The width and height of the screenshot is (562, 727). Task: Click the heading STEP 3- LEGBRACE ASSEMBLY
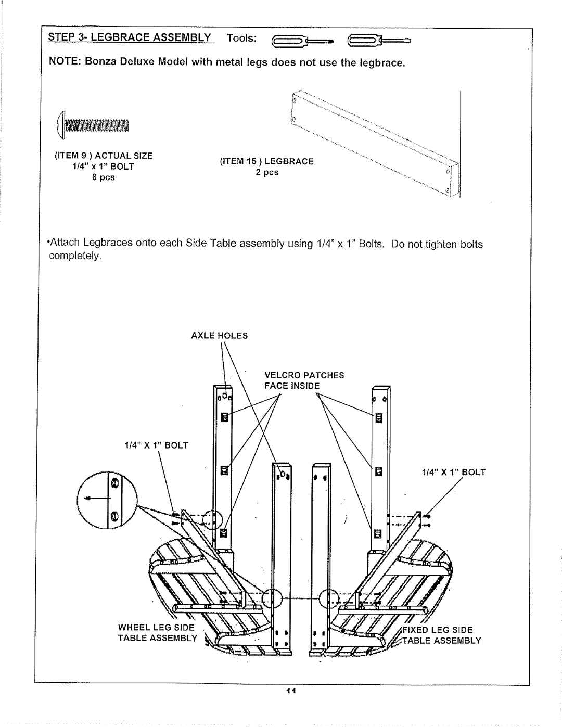[130, 37]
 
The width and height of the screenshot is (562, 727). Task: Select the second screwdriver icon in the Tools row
[379, 41]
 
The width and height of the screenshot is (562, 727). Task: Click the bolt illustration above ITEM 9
[93, 125]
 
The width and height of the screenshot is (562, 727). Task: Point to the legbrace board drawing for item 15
[375, 143]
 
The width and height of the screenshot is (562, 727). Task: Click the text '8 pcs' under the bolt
[104, 177]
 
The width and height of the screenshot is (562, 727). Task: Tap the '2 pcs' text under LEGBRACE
[267, 172]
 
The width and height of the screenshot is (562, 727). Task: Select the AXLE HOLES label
[220, 336]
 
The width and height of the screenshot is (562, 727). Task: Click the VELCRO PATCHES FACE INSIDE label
[304, 380]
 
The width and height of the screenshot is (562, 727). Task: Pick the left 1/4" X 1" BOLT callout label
[156, 445]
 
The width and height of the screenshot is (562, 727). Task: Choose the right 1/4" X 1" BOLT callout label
[453, 472]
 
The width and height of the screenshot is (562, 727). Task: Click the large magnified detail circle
[107, 500]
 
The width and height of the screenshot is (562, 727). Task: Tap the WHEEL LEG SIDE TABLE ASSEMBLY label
[158, 633]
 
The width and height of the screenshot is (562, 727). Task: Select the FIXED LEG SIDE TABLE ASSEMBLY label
[442, 635]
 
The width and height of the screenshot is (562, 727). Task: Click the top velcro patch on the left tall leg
[224, 417]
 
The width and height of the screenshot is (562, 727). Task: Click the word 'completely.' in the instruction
[75, 256]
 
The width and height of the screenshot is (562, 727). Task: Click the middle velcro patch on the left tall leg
[224, 470]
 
